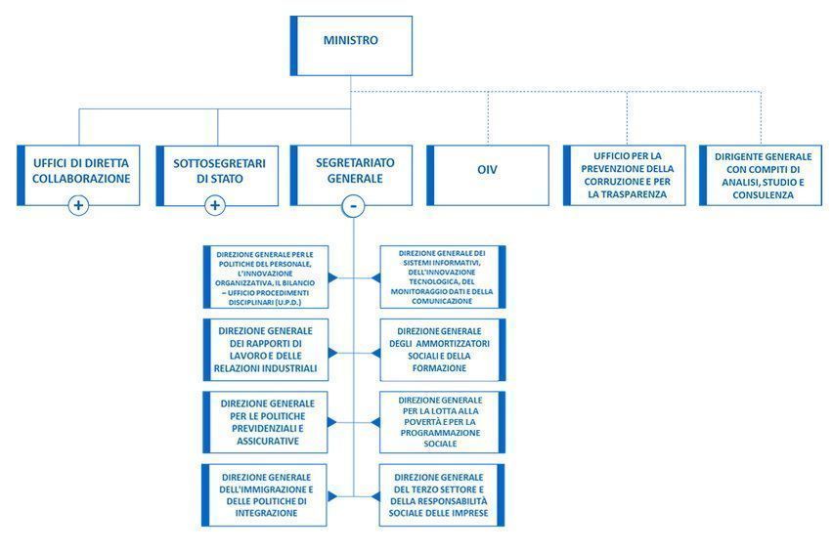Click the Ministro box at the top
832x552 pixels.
[x=351, y=45]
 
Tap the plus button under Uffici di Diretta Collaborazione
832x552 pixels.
[x=79, y=205]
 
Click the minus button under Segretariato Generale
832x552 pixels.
[x=353, y=205]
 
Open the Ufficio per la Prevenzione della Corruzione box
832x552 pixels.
[x=626, y=174]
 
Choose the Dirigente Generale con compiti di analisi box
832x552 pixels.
[x=762, y=175]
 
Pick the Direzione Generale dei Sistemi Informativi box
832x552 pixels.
[x=443, y=277]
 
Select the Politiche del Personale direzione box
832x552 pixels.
[x=266, y=277]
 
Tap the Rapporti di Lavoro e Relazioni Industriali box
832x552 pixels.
[x=266, y=350]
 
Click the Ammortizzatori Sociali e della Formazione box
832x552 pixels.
[x=443, y=350]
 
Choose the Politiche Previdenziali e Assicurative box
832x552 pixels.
[x=266, y=422]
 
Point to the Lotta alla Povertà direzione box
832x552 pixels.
[x=443, y=422]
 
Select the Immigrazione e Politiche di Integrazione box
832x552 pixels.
[x=266, y=495]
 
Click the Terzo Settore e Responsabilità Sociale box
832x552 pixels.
[x=443, y=495]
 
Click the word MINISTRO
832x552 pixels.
[x=351, y=41]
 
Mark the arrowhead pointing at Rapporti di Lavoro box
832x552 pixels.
[x=333, y=350]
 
